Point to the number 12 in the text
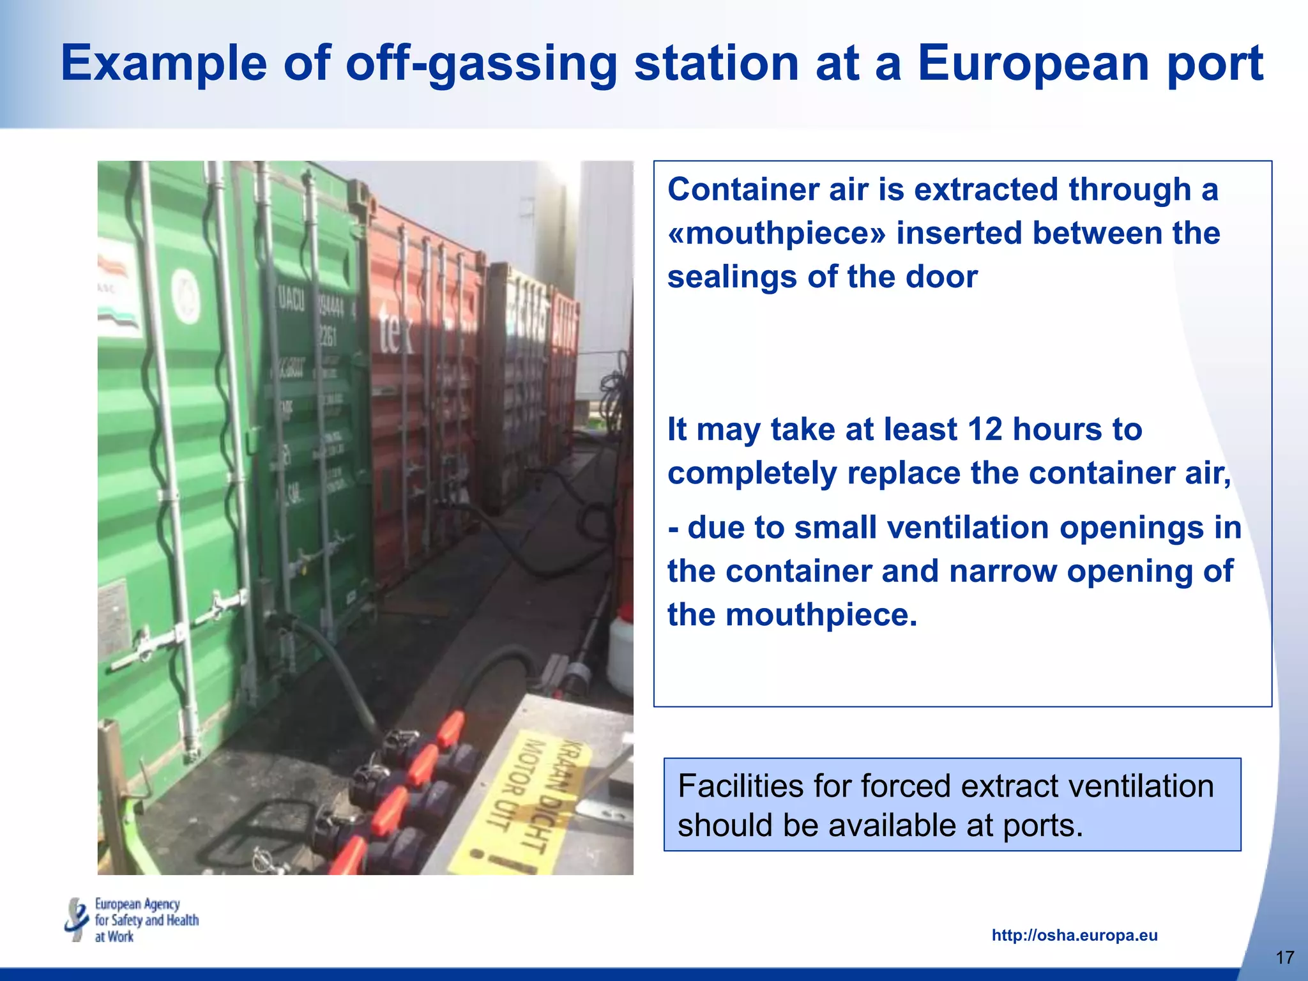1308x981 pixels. [985, 429]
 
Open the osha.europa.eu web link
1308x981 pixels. [1074, 936]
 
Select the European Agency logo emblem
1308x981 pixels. [77, 920]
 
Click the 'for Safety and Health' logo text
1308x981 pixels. [147, 920]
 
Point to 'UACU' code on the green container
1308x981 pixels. [292, 300]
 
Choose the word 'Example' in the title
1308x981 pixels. [164, 64]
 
